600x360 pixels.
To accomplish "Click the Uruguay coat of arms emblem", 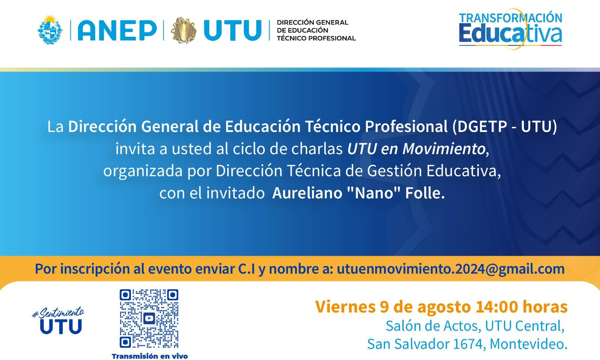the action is (x=51, y=30).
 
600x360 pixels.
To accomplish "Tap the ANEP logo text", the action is (x=117, y=30).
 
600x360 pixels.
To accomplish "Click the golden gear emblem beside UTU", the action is (x=184, y=30).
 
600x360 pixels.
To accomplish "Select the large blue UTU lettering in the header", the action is (x=232, y=30).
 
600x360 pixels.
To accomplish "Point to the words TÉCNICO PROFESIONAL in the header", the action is (x=316, y=38).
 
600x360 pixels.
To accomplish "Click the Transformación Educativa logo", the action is (x=510, y=29).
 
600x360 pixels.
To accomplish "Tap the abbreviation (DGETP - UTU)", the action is (x=504, y=126).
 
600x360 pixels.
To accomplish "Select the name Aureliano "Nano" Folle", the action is (x=358, y=193).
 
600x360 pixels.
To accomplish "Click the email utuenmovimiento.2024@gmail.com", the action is (x=451, y=269).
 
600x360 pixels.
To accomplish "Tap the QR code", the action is (x=149, y=318).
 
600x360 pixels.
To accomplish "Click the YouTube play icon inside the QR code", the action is (x=149, y=318).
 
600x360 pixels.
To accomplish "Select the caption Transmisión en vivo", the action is (x=150, y=356).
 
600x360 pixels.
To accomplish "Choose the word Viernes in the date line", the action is (x=345, y=307).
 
